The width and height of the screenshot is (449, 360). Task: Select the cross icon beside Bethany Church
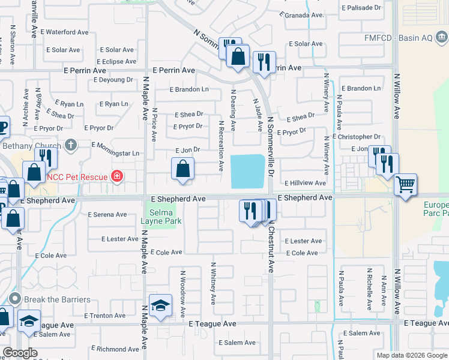click(71, 145)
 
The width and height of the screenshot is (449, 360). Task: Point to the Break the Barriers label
click(58, 299)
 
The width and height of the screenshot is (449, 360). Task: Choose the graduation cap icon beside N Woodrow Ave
click(161, 306)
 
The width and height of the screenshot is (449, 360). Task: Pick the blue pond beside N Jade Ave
click(247, 170)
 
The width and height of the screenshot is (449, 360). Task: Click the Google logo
click(19, 353)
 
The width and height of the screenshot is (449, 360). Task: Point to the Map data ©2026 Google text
click(411, 355)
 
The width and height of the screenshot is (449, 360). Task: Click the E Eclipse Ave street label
click(118, 62)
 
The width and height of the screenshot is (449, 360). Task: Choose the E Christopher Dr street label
click(360, 137)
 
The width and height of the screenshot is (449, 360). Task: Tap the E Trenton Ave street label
click(105, 316)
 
